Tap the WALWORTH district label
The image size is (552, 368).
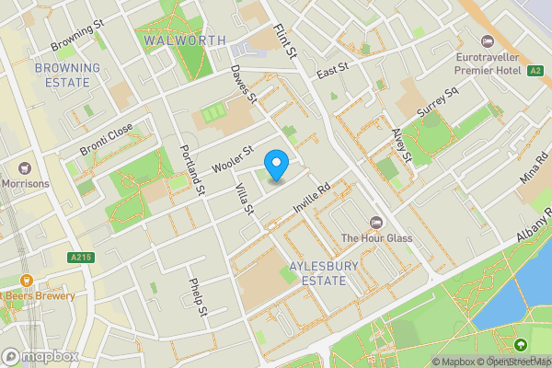[x=184, y=40]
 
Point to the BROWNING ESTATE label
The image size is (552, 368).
[x=66, y=75]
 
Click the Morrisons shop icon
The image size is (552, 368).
[x=25, y=167]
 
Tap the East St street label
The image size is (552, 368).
[x=333, y=69]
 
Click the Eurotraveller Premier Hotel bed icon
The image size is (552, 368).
[x=488, y=41]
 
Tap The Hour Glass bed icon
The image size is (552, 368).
[x=375, y=223]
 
